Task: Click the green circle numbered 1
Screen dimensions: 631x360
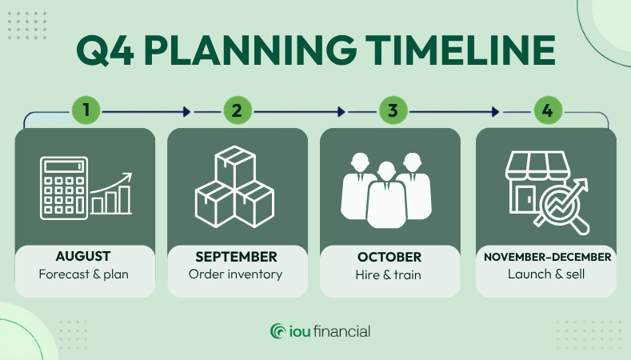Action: (x=86, y=110)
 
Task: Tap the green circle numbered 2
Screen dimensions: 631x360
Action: (x=238, y=110)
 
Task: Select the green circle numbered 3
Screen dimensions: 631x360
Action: (x=393, y=110)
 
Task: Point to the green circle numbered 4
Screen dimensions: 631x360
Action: (x=548, y=110)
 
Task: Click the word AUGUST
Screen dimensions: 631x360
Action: (x=83, y=257)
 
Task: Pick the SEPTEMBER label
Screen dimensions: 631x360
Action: (x=236, y=257)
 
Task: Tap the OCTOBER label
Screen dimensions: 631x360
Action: (x=389, y=257)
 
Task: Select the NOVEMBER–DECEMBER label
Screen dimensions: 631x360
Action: (x=547, y=257)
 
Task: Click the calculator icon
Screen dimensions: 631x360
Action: (x=64, y=188)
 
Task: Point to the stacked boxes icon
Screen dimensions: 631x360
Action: (x=234, y=187)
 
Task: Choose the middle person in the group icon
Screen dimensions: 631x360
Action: (x=386, y=195)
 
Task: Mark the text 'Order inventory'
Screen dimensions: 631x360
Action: (x=235, y=274)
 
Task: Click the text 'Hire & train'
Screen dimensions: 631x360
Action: (x=389, y=274)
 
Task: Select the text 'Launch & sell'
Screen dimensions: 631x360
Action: (x=546, y=274)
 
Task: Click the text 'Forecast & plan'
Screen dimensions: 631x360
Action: (x=84, y=274)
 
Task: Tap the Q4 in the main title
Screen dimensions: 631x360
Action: (x=105, y=50)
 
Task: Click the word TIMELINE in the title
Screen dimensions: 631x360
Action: (x=461, y=50)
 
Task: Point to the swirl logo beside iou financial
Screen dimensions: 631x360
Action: (x=278, y=331)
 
